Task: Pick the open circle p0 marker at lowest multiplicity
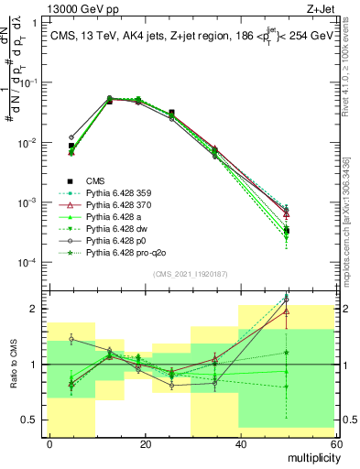pyautogui.click(x=71, y=137)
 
